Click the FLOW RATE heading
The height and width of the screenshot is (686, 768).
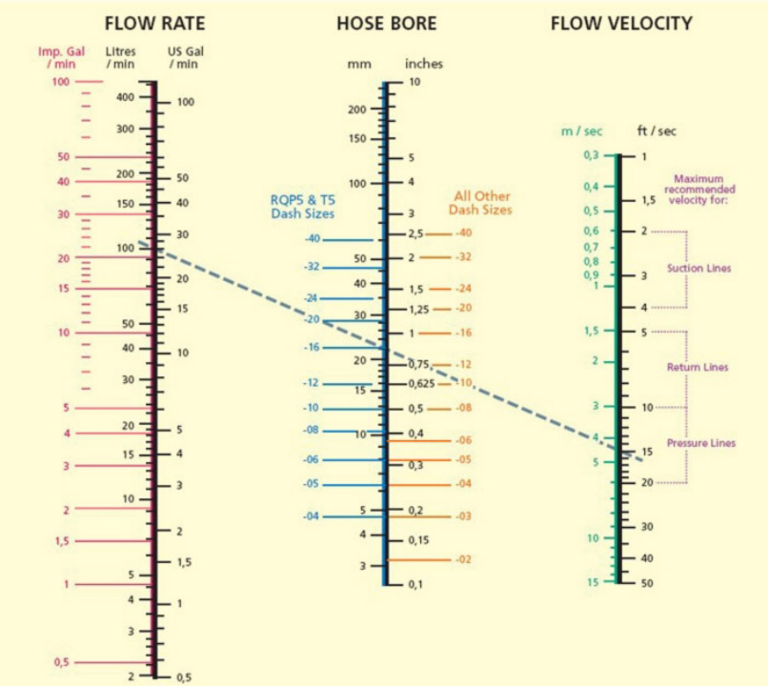point(154,24)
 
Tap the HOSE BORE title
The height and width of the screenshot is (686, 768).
point(387,24)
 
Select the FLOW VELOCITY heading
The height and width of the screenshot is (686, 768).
point(621,24)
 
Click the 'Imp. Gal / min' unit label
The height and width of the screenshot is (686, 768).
point(61,58)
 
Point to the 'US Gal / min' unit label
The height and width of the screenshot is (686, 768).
point(185,58)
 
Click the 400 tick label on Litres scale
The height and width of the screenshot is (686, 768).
point(125,97)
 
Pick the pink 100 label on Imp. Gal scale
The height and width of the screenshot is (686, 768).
point(61,81)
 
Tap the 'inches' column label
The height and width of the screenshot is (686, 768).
point(424,64)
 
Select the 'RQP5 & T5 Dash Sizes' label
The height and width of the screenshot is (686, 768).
point(303,207)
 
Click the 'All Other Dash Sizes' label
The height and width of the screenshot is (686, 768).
point(480,203)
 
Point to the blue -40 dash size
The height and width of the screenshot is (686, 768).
point(312,238)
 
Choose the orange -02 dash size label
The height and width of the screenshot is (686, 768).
point(463,559)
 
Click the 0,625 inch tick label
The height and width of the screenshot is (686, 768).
point(422,383)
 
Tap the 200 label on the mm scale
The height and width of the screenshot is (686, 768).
point(357,110)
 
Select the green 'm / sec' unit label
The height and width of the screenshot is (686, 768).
point(581,131)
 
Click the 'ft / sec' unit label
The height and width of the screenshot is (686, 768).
point(657,131)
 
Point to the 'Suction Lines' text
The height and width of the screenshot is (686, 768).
point(699,269)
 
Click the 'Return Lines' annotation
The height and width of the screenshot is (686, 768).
point(697,367)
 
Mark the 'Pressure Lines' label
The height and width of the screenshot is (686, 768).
point(701,443)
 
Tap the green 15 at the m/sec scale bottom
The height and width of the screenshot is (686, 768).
point(593,582)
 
